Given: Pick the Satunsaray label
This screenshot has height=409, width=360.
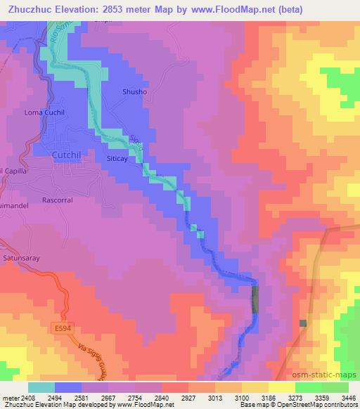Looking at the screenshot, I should coord(22,258).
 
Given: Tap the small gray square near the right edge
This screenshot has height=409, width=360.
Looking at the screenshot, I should coord(302,323).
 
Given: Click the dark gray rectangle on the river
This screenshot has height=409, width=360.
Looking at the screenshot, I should coord(255,299).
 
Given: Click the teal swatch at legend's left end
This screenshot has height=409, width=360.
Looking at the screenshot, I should coord(41,387).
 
